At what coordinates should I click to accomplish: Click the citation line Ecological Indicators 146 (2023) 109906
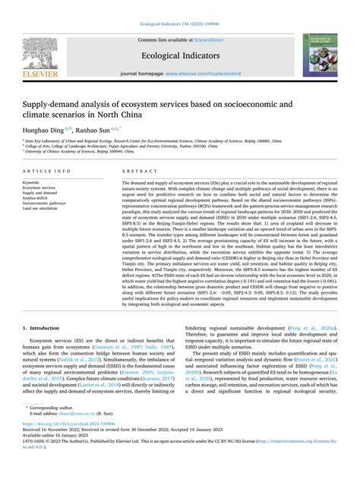click(x=179, y=5)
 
